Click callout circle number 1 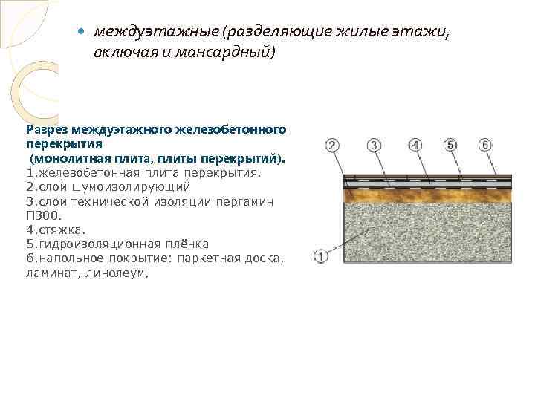click(321, 258)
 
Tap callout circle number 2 click(332, 145)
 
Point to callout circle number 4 click(415, 145)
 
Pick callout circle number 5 click(450, 145)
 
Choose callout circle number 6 click(485, 145)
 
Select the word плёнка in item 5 click(187, 244)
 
